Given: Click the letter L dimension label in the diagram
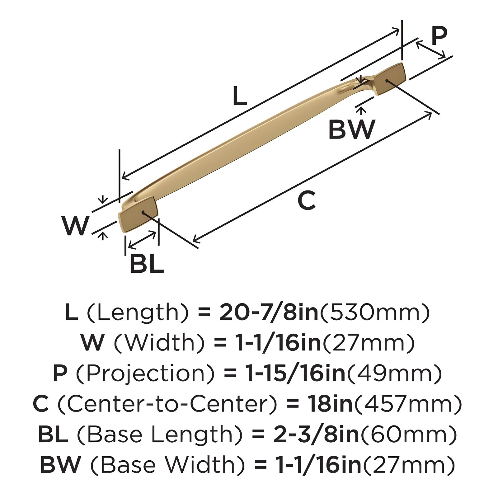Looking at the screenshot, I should click(240, 96).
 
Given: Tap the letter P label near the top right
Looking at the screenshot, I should click(439, 36).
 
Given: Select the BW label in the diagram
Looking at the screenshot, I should click(352, 129).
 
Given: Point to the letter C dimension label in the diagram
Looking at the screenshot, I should click(307, 201).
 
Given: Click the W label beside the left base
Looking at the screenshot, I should click(76, 226).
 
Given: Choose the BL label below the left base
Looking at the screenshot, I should click(147, 264).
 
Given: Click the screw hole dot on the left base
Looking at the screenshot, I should click(143, 212).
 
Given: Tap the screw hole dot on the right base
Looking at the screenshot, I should click(387, 81).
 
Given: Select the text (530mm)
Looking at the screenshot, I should click(375, 312).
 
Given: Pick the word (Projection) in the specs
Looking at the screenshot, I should click(145, 373).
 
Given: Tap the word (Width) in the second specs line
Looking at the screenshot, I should click(159, 343).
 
